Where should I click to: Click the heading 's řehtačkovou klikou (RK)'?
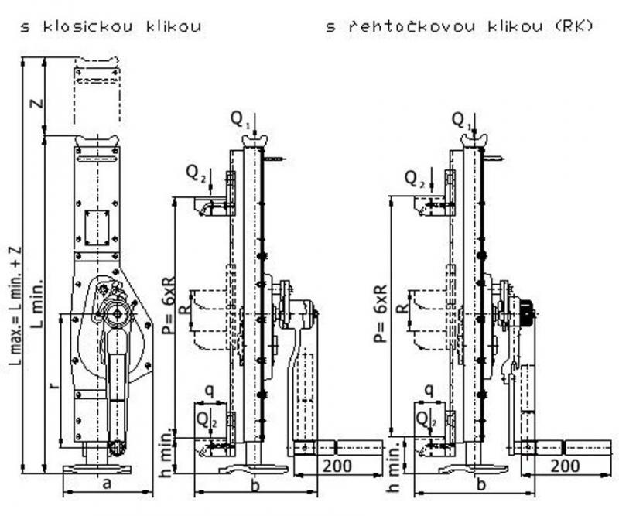[459, 28]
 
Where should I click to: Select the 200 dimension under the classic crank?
[337, 466]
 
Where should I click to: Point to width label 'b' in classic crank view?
[256, 485]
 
